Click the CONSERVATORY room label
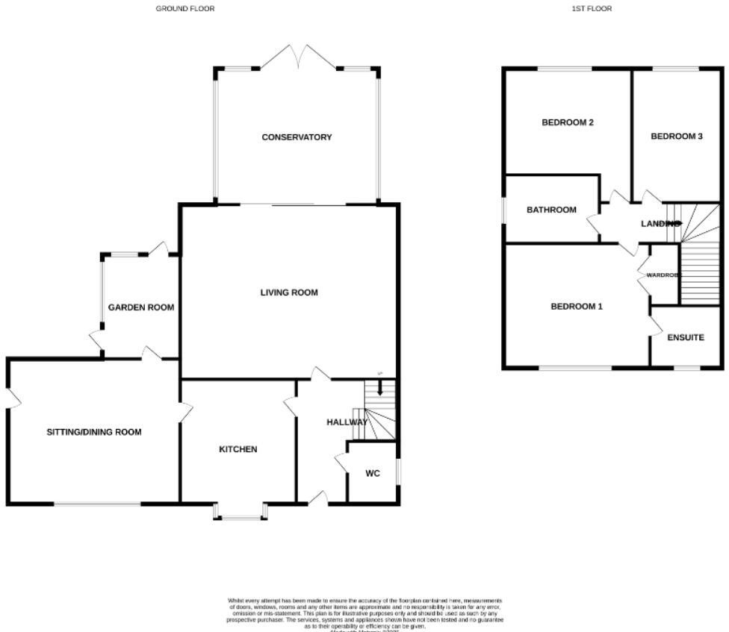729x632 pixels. (297, 137)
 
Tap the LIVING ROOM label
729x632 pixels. (289, 292)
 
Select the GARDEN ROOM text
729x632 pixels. (141, 307)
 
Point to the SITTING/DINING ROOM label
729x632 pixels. (94, 432)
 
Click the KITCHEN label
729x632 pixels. (238, 449)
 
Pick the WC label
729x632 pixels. (373, 474)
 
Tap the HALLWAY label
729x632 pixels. (347, 422)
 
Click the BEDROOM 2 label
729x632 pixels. (568, 122)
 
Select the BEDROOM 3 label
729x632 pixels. (677, 137)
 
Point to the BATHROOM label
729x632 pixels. (551, 210)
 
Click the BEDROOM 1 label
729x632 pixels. (577, 307)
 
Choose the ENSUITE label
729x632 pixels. (686, 337)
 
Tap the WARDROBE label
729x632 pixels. (663, 275)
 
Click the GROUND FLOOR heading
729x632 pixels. (184, 9)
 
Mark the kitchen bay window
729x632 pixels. (239, 515)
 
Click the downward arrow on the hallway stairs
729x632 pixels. (379, 388)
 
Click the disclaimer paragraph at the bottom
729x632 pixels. (364, 613)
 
